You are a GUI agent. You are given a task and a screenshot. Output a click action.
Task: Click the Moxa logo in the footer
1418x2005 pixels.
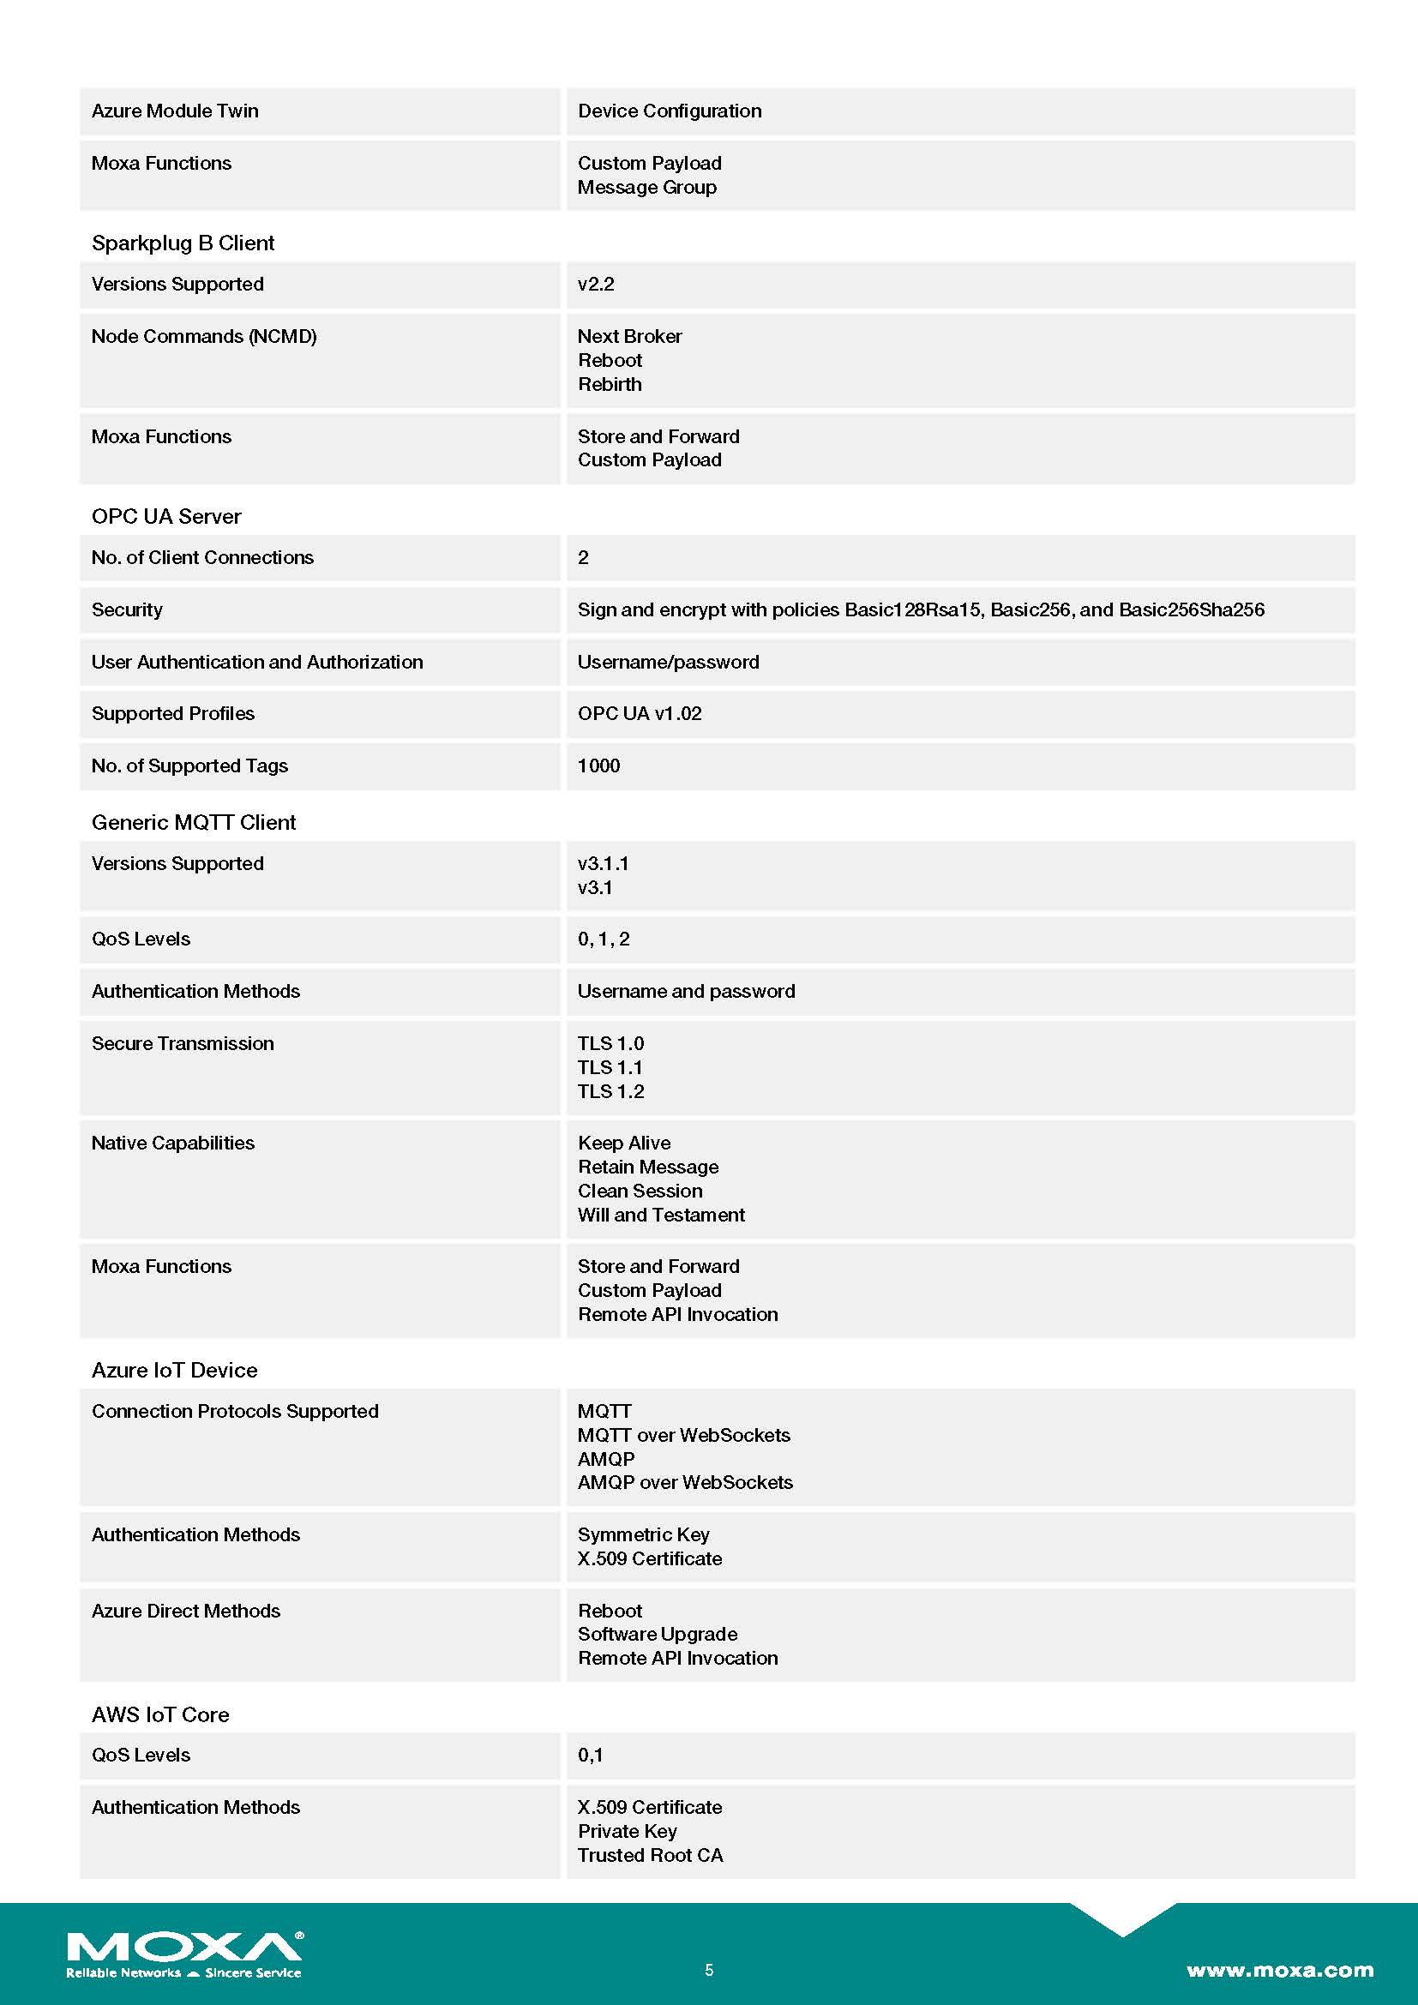(184, 1954)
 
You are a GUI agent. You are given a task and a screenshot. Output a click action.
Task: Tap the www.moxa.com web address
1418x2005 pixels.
(1279, 1970)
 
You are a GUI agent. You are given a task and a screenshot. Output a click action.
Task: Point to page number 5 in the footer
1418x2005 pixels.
(709, 1970)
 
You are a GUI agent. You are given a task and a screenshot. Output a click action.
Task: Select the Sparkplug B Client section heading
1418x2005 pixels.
(183, 243)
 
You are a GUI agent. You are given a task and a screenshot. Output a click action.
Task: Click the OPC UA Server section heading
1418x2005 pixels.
(166, 516)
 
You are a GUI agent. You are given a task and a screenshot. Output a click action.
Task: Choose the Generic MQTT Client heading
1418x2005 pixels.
(193, 822)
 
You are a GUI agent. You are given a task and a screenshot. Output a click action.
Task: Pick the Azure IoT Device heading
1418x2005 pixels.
(174, 1370)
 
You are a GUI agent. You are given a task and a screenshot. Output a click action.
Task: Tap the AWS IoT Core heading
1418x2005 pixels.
(159, 1714)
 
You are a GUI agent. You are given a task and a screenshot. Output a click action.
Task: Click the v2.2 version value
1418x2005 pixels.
(596, 284)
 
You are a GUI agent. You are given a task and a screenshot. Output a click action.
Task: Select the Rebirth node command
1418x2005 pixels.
(610, 384)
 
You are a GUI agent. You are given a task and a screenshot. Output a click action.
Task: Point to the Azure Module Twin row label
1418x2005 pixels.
(175, 111)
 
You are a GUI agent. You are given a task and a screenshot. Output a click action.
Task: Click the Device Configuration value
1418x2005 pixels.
(669, 111)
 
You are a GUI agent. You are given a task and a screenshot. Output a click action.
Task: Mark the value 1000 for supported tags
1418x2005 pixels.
(598, 765)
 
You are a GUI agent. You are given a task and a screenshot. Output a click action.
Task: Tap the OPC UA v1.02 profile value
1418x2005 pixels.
(640, 713)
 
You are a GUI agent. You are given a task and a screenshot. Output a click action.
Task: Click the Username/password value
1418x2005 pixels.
(668, 662)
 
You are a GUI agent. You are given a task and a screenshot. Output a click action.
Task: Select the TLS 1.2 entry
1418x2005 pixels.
(610, 1091)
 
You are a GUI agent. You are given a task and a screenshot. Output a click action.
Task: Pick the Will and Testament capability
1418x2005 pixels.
(661, 1215)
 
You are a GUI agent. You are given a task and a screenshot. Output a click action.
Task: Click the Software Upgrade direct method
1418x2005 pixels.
(657, 1634)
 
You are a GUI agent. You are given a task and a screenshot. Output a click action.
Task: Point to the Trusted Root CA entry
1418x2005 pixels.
(650, 1855)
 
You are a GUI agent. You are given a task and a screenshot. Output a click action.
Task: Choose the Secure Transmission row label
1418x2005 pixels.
(183, 1043)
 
